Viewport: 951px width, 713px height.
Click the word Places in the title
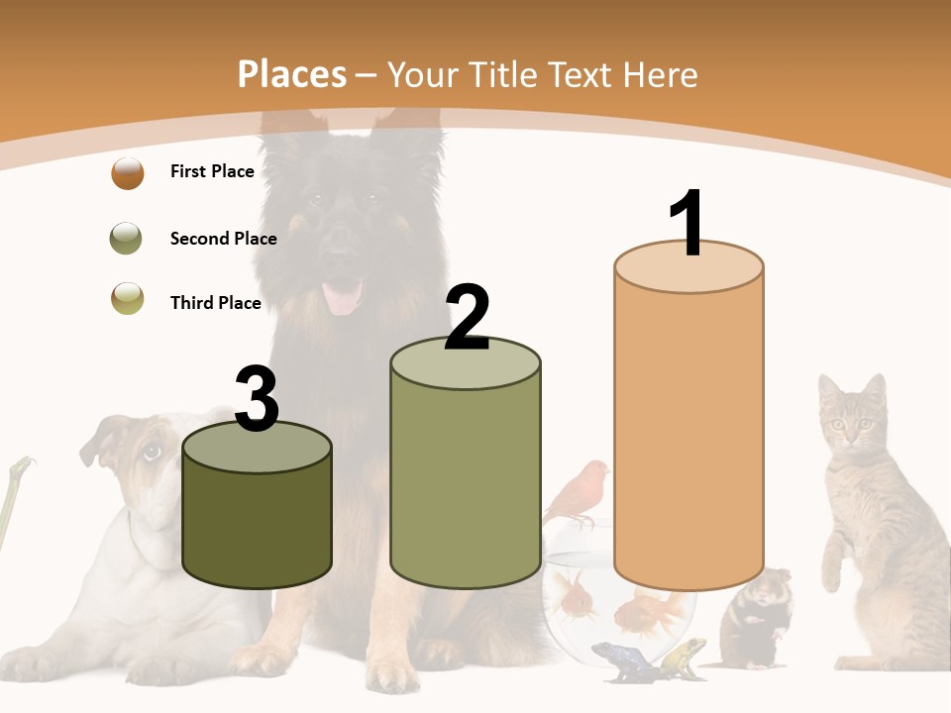coord(291,74)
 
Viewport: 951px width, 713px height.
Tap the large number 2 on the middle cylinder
coord(467,318)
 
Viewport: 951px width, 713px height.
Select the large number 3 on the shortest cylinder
coord(258,399)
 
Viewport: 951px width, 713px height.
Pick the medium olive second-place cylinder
coord(466,475)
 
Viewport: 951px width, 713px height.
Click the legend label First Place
coord(212,171)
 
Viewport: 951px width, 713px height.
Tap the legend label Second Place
coord(223,239)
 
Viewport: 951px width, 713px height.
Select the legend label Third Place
coord(215,303)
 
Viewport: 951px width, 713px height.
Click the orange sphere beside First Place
coord(128,173)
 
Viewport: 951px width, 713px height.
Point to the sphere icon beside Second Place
coord(127,239)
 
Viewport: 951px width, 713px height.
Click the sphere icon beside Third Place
coord(128,298)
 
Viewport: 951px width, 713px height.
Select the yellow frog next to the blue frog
coord(684,655)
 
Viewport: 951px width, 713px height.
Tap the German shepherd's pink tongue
coord(343,296)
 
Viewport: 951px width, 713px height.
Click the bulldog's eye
coord(152,452)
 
